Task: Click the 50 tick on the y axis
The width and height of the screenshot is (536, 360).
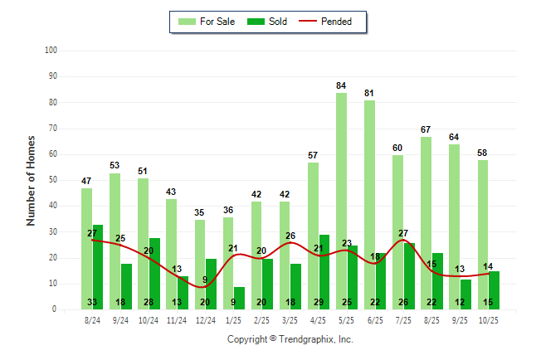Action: point(51,180)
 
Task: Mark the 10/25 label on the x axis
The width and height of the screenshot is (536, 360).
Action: point(489,319)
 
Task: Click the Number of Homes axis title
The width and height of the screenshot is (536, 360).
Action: point(31,180)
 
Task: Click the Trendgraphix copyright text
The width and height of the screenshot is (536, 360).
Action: point(290,339)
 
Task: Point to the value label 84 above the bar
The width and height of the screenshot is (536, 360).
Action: point(341,85)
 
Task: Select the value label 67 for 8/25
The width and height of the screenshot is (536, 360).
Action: point(426,129)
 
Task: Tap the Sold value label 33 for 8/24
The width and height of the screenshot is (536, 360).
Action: point(92,303)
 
